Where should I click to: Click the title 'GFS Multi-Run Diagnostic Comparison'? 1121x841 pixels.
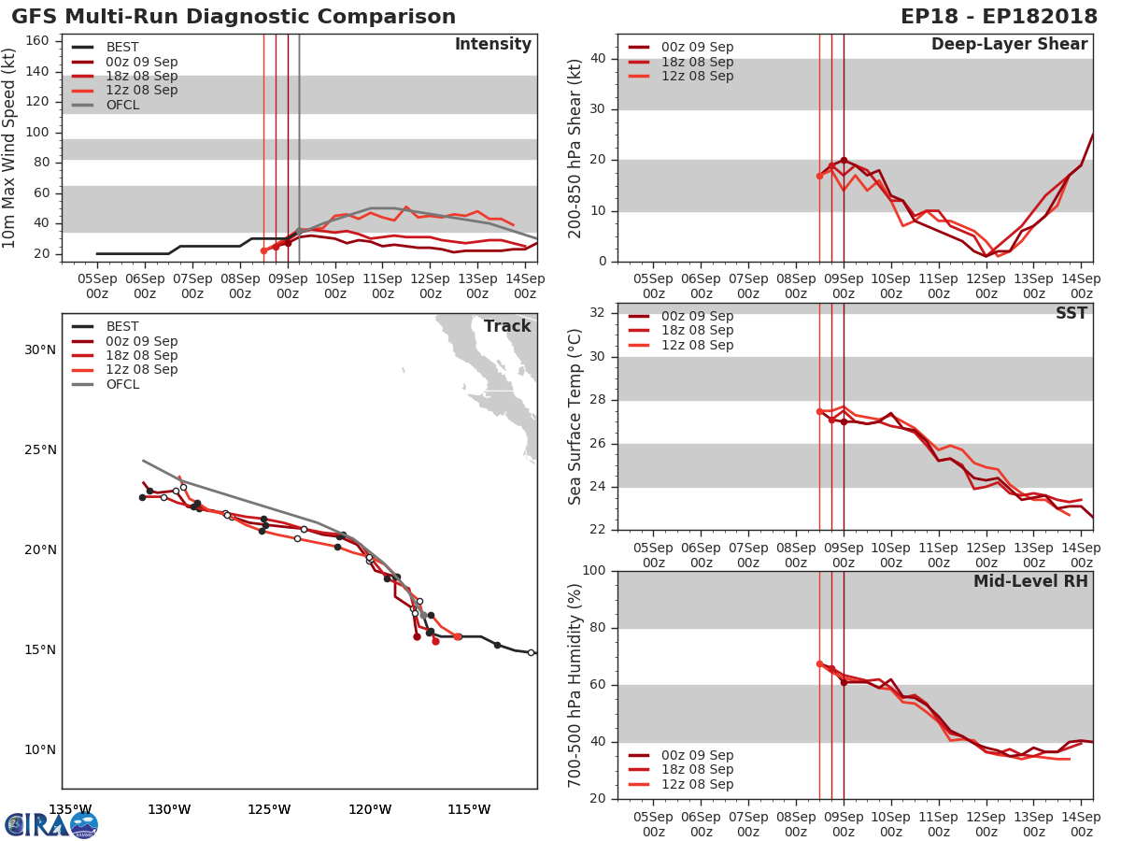pos(234,17)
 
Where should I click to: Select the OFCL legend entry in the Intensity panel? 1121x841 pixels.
pos(122,105)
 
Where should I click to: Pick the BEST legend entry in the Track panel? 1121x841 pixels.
pos(122,327)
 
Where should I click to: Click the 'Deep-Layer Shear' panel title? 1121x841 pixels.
pos(1009,45)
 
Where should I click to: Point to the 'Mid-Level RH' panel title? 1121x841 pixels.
pos(1030,581)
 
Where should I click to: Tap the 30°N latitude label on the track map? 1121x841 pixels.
pos(39,349)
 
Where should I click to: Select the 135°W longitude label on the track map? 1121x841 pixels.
pos(70,809)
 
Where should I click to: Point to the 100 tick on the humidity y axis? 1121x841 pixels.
pos(595,570)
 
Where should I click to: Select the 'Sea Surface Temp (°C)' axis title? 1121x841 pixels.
pos(575,417)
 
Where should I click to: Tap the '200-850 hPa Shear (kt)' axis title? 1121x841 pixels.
pos(575,148)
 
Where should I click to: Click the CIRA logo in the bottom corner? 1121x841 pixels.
pos(51,824)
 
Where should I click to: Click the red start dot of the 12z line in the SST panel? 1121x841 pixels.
pos(819,411)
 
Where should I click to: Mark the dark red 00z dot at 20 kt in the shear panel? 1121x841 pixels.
pos(844,161)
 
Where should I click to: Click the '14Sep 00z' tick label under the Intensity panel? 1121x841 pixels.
pos(524,286)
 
